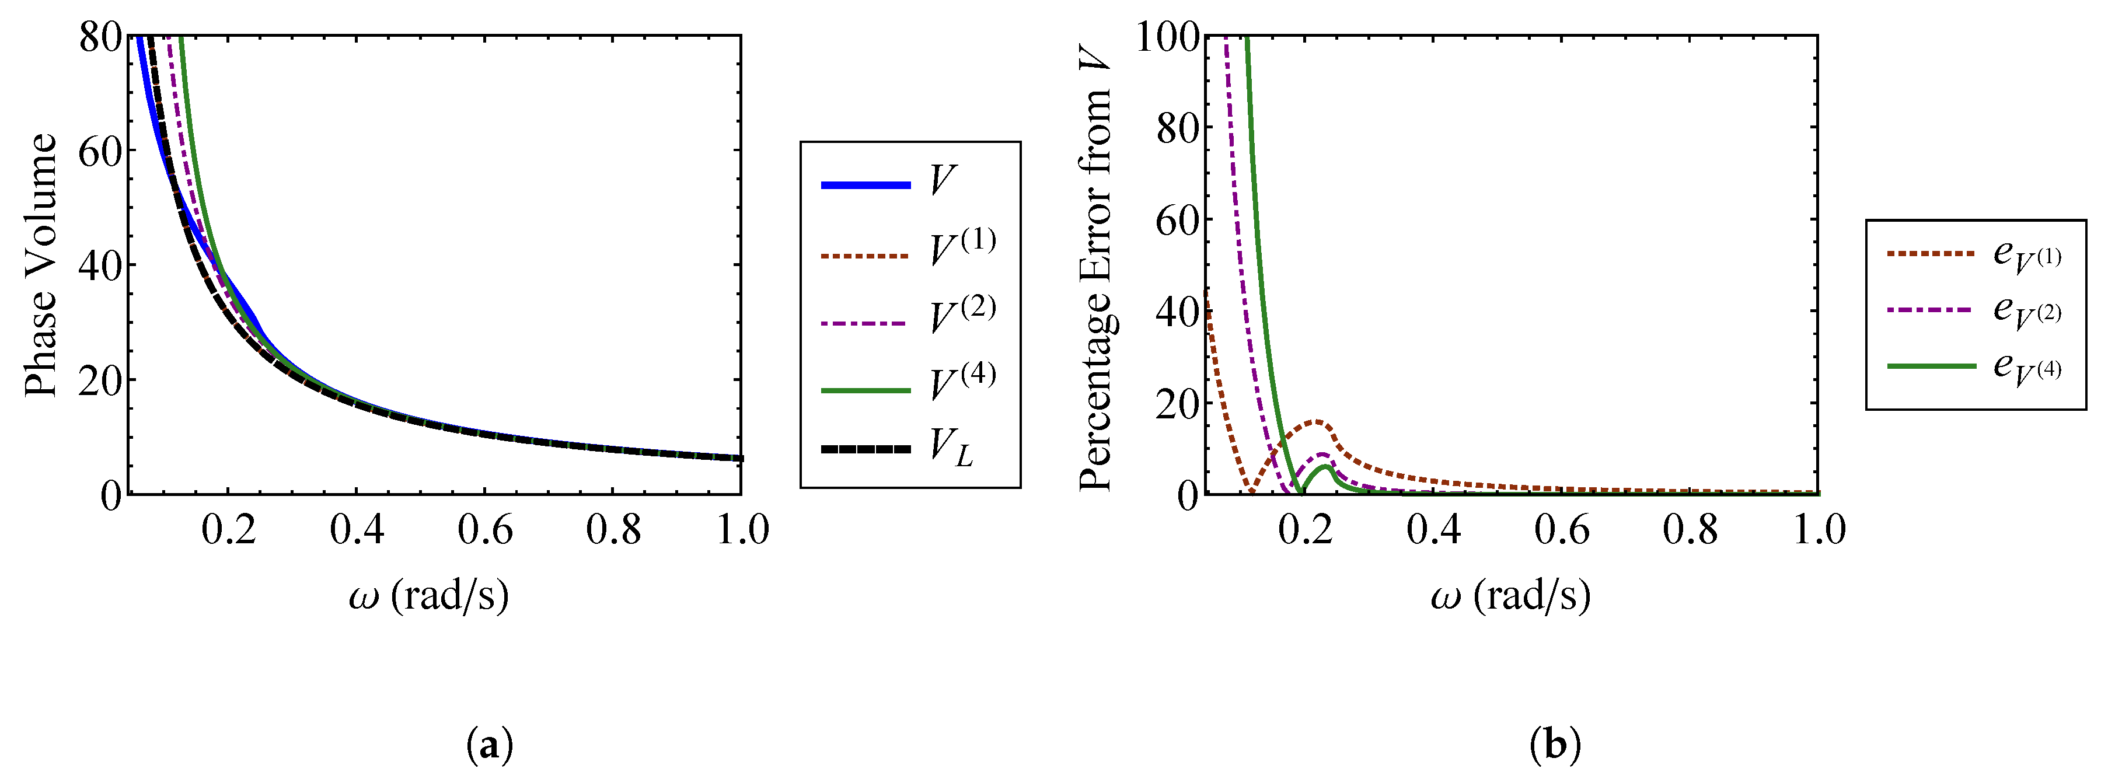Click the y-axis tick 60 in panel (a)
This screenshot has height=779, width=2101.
point(99,151)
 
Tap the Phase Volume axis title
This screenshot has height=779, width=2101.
point(41,265)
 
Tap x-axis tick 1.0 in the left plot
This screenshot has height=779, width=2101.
point(742,530)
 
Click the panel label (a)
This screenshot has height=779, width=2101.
point(490,744)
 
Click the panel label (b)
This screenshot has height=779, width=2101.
point(1555,744)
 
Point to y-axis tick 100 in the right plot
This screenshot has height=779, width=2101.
point(1168,37)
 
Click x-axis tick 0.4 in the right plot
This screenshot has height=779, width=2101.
point(1433,530)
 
